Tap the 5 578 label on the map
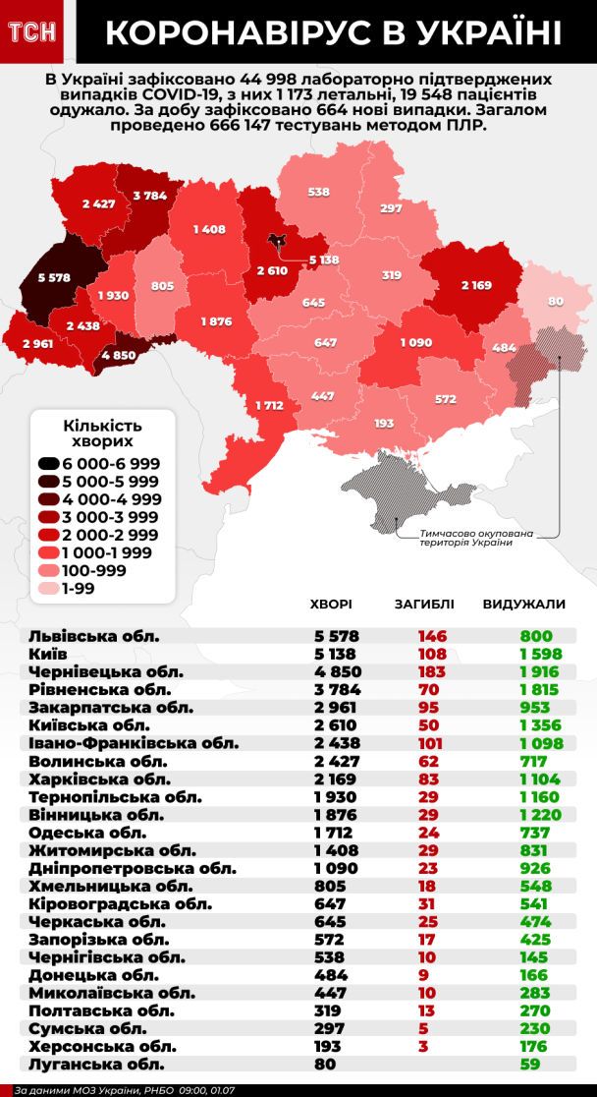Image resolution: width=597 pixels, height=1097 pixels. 54,278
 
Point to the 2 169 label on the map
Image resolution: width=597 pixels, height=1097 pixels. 479,285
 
